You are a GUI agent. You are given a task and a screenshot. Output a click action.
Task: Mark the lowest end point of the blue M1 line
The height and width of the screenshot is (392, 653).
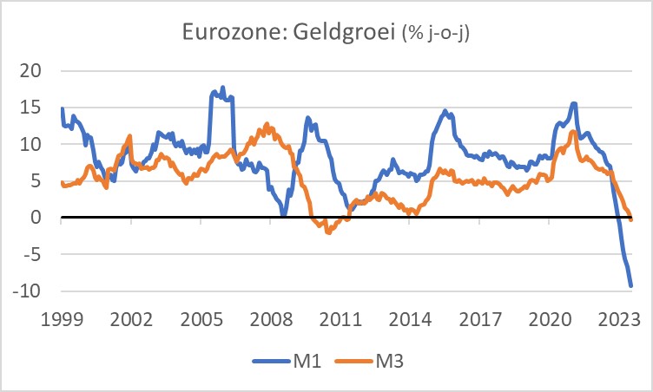coord(630,285)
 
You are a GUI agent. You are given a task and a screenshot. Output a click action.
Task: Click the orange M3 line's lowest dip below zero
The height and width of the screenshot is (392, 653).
coord(328,232)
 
